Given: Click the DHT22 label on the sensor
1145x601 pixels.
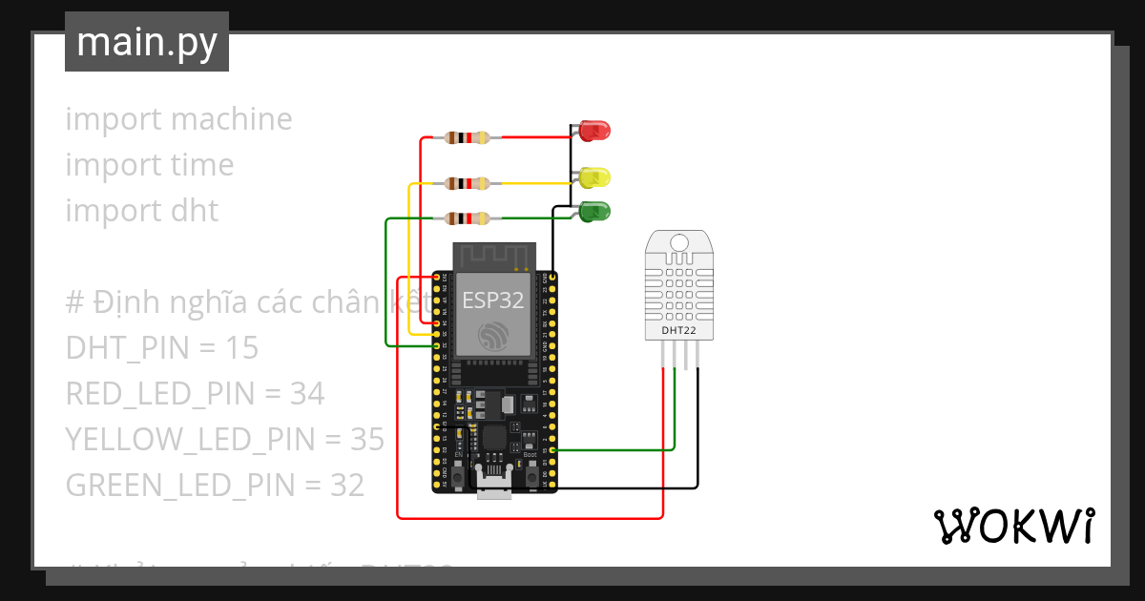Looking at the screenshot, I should click(x=679, y=331).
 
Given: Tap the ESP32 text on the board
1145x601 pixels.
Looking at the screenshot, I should click(x=492, y=300).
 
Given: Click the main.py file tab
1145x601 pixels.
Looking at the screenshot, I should click(x=146, y=42).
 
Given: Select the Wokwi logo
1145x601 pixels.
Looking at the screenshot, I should click(x=1013, y=526).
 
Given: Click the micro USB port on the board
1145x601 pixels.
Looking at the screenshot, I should click(x=492, y=488).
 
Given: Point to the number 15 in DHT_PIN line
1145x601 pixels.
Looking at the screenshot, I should click(x=242, y=348).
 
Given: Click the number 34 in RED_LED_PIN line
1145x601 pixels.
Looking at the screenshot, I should click(x=308, y=393).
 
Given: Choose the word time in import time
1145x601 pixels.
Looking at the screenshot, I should click(x=202, y=165).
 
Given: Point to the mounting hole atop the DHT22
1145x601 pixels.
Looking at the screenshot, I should click(x=679, y=241).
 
